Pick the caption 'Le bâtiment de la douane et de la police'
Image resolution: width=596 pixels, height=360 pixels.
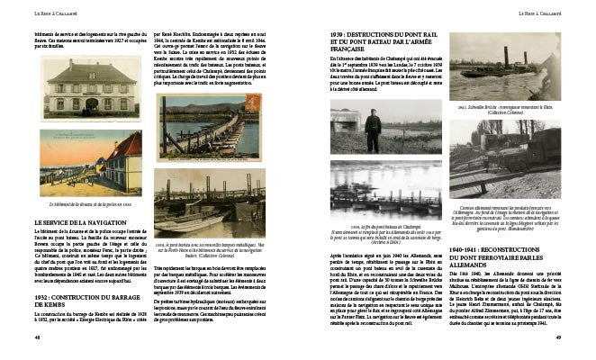(86, 205)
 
